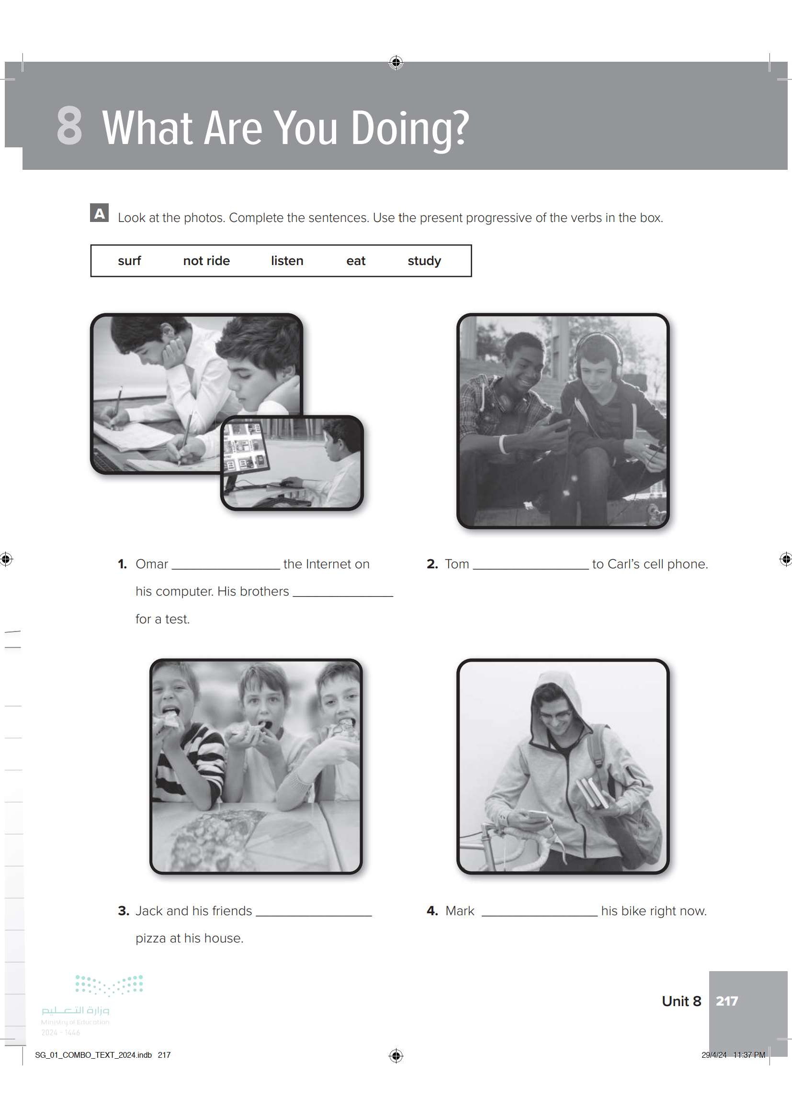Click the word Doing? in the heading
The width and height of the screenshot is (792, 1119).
point(410,129)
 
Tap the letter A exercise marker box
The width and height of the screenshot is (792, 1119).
point(100,213)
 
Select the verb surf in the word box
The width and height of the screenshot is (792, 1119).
point(129,261)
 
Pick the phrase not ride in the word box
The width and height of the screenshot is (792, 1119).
point(206,261)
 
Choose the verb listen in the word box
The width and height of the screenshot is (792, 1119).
point(287,261)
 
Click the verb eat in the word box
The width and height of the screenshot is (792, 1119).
point(355,261)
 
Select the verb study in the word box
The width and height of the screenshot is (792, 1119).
point(424,261)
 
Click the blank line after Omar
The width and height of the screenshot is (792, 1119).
point(226,569)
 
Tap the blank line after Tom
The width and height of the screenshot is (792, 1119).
point(531,569)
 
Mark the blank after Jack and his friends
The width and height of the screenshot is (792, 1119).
point(314,916)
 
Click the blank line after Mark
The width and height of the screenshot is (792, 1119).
point(539,916)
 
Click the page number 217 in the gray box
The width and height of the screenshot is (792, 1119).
point(727,1001)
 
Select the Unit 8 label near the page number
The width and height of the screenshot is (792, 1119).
point(681,1001)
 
